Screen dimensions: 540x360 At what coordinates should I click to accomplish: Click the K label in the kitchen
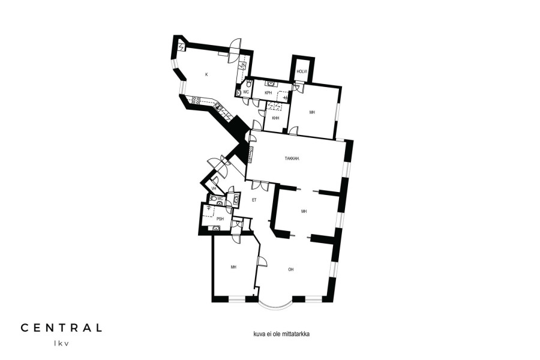point(206,74)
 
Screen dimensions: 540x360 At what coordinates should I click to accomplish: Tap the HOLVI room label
point(302,71)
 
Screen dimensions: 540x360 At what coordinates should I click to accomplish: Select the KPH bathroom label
point(269,93)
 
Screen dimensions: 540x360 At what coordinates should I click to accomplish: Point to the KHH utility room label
point(275,118)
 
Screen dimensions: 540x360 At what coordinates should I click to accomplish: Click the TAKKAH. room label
point(292,159)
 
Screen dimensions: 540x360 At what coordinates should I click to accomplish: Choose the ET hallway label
point(254,200)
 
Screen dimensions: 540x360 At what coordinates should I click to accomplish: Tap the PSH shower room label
point(220,219)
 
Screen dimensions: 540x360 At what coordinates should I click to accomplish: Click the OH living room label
point(291,270)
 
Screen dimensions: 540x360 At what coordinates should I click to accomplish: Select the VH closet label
point(214,188)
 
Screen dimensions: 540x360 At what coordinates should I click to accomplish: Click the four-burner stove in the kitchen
point(196,100)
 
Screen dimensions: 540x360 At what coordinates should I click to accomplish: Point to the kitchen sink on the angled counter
point(218,107)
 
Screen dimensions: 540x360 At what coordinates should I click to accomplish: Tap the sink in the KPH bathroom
point(271,84)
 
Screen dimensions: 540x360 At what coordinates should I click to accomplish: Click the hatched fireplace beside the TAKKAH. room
point(251,154)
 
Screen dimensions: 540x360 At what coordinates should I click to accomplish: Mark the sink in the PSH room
point(216,228)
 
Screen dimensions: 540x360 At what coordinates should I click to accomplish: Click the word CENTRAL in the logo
point(61,328)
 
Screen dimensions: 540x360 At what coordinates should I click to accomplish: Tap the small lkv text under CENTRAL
point(61,343)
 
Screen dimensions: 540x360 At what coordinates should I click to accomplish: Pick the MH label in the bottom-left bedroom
point(233,267)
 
